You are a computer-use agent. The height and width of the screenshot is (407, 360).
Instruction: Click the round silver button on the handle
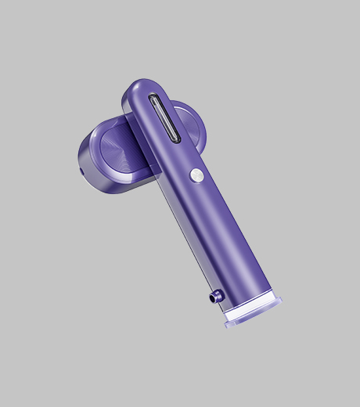(197, 175)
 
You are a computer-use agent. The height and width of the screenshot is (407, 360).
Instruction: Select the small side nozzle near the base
(215, 296)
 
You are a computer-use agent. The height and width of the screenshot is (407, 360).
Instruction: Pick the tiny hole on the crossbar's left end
(81, 169)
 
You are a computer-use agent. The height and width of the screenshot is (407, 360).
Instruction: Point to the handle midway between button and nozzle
(215, 235)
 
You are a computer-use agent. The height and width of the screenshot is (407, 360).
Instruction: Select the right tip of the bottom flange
(279, 301)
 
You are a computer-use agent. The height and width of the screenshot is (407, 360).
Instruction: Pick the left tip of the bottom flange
(228, 323)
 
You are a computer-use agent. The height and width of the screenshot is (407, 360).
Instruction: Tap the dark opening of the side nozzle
(212, 297)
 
